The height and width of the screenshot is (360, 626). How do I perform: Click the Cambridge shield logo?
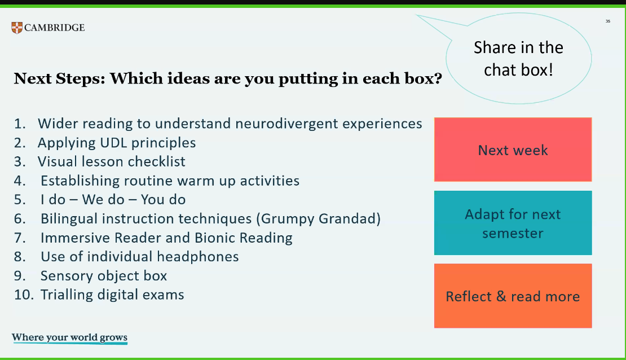click(x=17, y=28)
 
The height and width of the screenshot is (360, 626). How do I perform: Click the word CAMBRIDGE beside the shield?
click(x=54, y=28)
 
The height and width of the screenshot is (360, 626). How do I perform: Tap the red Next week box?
click(x=513, y=150)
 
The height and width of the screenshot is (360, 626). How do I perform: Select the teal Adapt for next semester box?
click(x=513, y=223)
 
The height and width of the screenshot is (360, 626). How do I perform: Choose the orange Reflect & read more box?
click(x=513, y=296)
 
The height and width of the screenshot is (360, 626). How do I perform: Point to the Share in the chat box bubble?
click(x=518, y=59)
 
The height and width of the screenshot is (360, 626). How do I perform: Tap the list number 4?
click(x=20, y=181)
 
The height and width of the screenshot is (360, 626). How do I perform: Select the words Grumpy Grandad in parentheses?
click(x=318, y=219)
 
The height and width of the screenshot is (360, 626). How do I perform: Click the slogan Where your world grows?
click(x=69, y=337)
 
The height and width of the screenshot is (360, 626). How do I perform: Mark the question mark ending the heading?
click(x=438, y=78)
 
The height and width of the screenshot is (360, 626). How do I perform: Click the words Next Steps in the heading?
click(x=59, y=78)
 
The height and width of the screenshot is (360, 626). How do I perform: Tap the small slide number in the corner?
click(x=607, y=21)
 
